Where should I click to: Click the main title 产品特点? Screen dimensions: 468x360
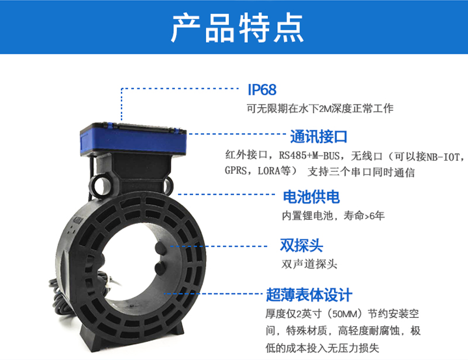(238, 28)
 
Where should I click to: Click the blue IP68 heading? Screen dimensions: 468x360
(262, 89)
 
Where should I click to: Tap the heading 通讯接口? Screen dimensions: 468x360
(318, 137)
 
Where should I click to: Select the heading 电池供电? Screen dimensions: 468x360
(311, 197)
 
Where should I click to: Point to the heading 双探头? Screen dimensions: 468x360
(301, 245)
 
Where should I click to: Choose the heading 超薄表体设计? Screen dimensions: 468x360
(309, 295)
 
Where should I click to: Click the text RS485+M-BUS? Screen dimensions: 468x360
(309, 155)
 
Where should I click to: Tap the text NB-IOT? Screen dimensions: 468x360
(443, 157)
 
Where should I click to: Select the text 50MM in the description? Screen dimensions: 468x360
(345, 314)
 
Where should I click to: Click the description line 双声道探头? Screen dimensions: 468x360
(309, 264)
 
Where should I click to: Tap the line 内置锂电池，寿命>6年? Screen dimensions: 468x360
(333, 215)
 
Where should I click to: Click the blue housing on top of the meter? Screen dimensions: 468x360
(133, 139)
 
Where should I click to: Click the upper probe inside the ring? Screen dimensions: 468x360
(160, 248)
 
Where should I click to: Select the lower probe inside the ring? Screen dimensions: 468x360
(160, 268)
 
